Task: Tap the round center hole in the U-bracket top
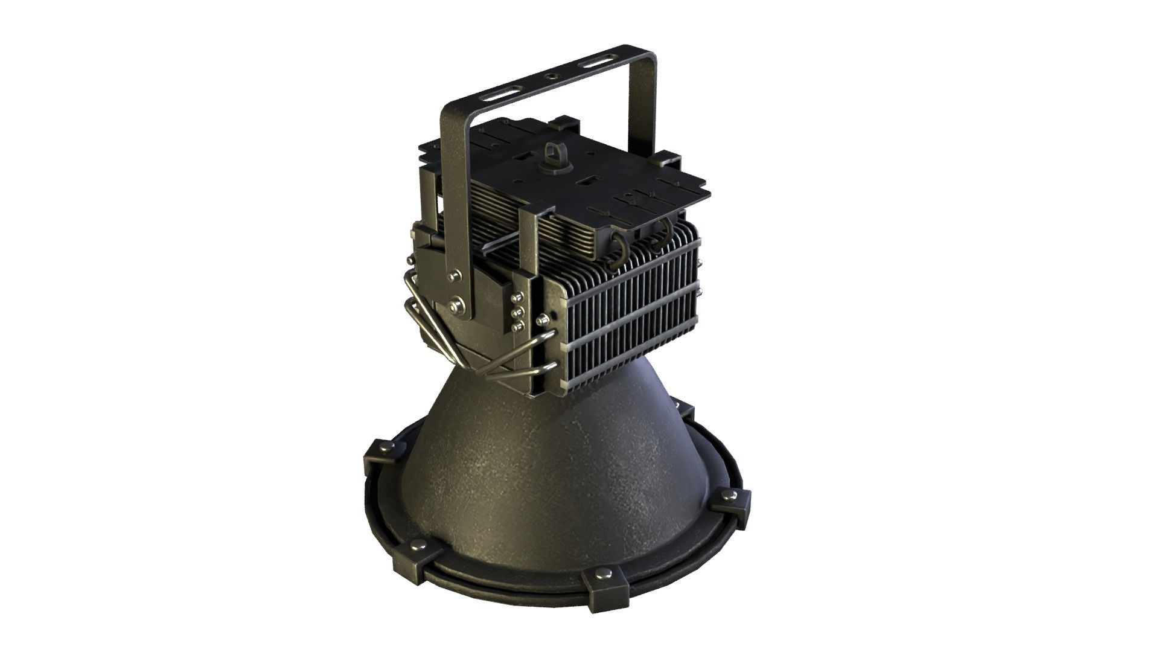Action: pos(551,77)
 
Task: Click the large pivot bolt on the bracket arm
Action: pos(457,307)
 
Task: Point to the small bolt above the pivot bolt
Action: pos(452,276)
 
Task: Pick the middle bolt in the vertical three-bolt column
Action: pos(516,313)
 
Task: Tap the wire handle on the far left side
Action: pos(423,320)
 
